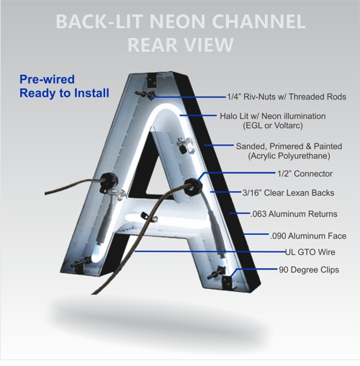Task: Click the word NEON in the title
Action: (x=161, y=21)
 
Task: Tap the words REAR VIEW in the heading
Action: (x=180, y=45)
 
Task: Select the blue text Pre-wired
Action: (x=47, y=79)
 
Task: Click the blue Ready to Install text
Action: (x=64, y=93)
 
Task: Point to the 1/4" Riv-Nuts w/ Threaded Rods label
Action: (x=286, y=97)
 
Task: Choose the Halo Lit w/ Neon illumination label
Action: (x=282, y=116)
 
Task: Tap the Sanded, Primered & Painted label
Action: (x=290, y=146)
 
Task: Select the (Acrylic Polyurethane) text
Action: (x=290, y=156)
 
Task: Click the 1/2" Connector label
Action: (x=305, y=174)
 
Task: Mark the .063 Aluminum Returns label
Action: (x=298, y=214)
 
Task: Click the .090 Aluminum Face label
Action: (x=307, y=236)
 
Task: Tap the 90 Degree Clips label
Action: (x=309, y=269)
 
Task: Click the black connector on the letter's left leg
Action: (x=112, y=179)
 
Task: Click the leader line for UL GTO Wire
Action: (x=209, y=251)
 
